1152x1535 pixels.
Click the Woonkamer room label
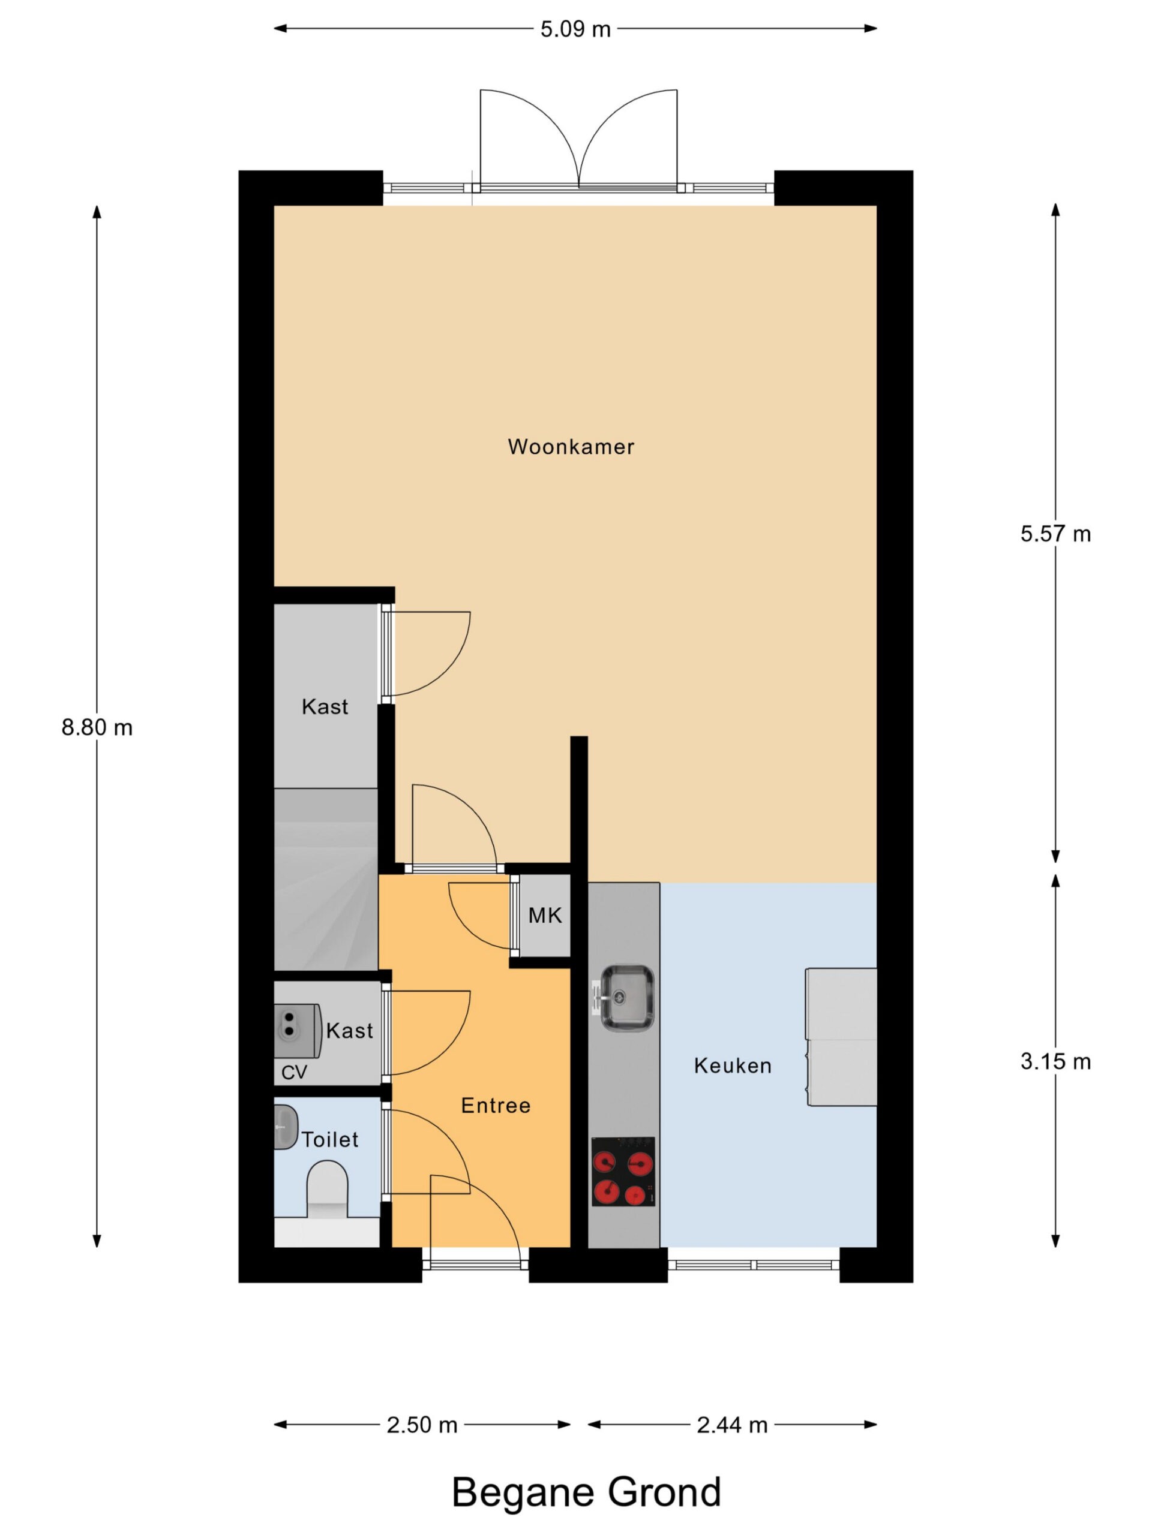coord(571,446)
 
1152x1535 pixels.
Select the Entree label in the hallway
coord(496,1106)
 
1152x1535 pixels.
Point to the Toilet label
coord(330,1139)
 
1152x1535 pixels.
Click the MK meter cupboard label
coord(545,916)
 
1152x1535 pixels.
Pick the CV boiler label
coord(294,1072)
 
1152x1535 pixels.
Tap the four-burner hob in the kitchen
coord(623,1172)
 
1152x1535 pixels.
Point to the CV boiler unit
coord(297,1031)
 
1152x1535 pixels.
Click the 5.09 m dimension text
coord(575,29)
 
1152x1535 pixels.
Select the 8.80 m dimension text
coord(97,727)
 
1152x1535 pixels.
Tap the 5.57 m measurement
coord(1055,534)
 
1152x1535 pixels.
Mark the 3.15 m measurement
coord(1055,1062)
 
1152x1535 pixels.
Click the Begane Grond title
coord(587,1492)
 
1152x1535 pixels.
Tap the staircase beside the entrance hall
coord(326,879)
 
